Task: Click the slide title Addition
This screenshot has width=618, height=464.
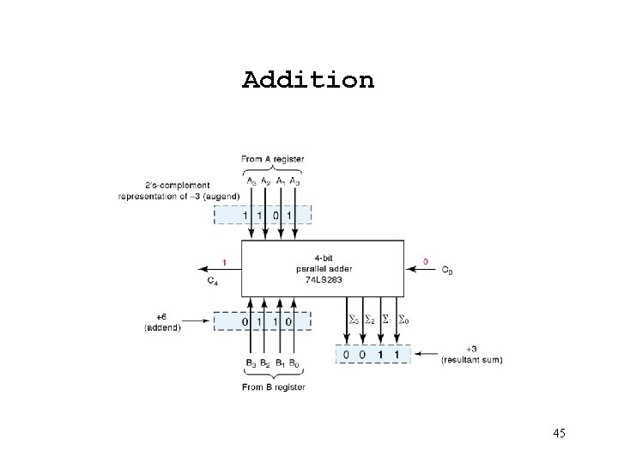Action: click(x=308, y=81)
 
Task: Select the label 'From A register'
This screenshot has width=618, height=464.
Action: click(x=272, y=159)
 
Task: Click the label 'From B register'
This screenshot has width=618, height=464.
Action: click(x=273, y=387)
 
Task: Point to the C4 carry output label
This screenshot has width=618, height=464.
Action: click(x=212, y=280)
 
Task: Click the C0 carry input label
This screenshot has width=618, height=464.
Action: click(x=446, y=272)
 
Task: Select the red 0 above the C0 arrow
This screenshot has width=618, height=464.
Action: click(x=427, y=260)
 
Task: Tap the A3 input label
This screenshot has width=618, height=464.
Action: click(x=251, y=181)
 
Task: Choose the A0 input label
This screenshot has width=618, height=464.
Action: click(x=294, y=181)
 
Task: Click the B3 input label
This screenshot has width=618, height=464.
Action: click(x=251, y=363)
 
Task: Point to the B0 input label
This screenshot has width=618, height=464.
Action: click(x=294, y=363)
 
